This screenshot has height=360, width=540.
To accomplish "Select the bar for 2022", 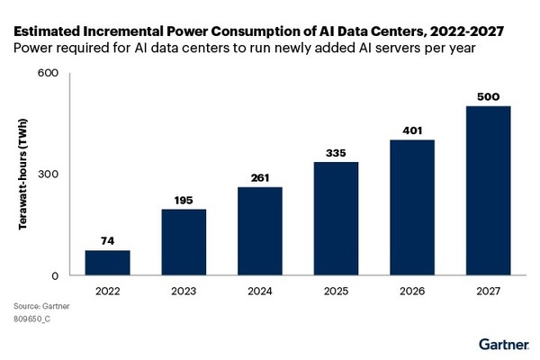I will click(x=107, y=263).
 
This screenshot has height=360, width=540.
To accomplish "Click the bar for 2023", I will click(x=184, y=242).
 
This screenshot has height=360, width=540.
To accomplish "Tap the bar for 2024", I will click(x=260, y=231).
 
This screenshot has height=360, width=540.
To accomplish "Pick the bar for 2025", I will click(x=337, y=219).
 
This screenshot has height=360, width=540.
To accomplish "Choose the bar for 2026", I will click(x=413, y=207).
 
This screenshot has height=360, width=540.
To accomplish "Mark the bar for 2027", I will click(x=489, y=191).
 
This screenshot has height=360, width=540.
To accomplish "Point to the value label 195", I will click(x=184, y=199).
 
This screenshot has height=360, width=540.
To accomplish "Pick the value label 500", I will click(x=489, y=95).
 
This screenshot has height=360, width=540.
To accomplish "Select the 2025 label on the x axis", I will click(x=337, y=291).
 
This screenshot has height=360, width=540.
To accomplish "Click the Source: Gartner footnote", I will click(x=41, y=306).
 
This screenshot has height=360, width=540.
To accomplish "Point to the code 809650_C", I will click(x=32, y=319).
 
